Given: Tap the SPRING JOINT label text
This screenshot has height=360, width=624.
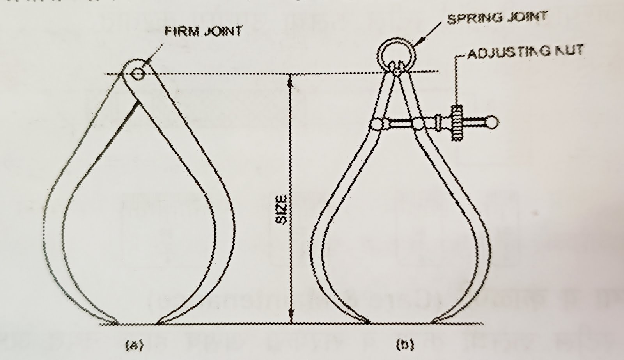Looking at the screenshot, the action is click(497, 18).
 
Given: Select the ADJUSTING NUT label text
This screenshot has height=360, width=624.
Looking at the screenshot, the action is click(525, 51).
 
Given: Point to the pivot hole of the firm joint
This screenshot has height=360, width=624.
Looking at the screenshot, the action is click(137, 73).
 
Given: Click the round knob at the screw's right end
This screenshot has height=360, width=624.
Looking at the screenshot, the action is click(493, 122).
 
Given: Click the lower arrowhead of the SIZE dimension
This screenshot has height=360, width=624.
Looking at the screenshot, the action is click(290, 318).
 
